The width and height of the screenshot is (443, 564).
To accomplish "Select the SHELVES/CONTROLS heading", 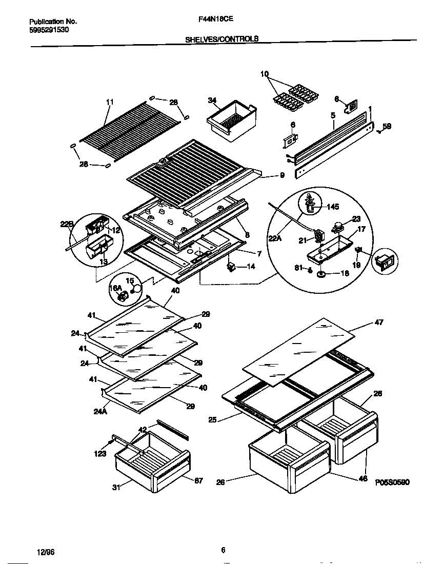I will click(221, 39).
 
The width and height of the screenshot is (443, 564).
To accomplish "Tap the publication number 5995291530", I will click(49, 30).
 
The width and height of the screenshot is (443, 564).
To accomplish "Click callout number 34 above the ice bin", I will click(213, 100).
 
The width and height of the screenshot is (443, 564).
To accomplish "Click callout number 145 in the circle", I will click(332, 207).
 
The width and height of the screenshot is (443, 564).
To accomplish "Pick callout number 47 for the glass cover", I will click(378, 323).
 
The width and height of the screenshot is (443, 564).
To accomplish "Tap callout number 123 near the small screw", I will click(100, 453).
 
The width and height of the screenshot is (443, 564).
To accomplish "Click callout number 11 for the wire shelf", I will click(109, 103).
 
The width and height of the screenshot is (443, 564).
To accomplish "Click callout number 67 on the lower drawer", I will click(198, 480).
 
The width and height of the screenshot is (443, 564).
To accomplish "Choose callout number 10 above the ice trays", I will click(265, 75).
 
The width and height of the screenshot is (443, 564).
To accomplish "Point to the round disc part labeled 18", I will click(321, 275).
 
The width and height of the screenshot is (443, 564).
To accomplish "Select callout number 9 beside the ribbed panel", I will click(281, 175).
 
